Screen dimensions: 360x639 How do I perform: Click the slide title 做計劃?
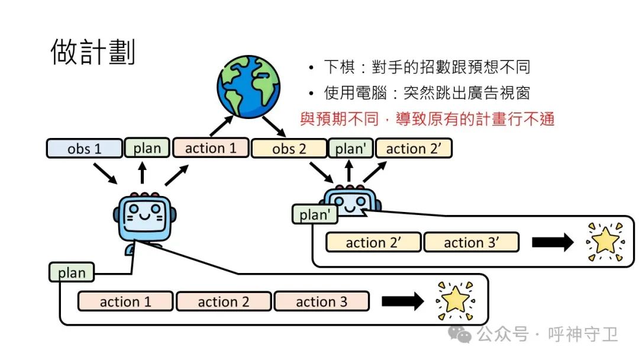93,52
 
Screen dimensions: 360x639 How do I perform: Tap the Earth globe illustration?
248,86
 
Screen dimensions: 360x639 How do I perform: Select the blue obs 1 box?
84,149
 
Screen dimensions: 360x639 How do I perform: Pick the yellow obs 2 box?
289,149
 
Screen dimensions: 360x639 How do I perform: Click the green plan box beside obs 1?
147,148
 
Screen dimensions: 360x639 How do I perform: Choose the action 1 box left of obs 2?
210,148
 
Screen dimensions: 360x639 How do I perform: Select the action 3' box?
471,242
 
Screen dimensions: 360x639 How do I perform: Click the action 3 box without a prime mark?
321,301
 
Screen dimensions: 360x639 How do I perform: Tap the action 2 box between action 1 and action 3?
223,301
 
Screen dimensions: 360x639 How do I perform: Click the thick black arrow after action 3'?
552,242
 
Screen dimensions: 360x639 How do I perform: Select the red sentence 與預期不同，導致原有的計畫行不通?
427,118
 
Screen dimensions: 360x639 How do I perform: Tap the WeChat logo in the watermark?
459,335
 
